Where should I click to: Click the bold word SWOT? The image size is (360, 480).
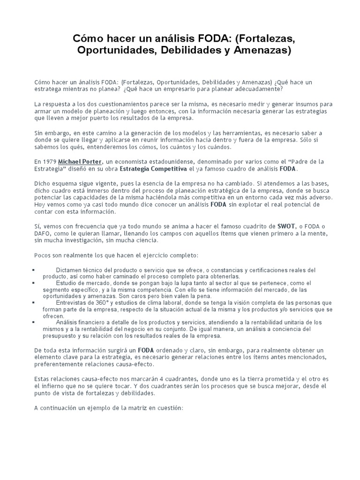[286, 226]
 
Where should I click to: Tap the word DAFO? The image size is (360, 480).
[43, 233]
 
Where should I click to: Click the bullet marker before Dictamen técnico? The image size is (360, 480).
[36, 270]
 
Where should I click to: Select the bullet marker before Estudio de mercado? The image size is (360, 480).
[36, 284]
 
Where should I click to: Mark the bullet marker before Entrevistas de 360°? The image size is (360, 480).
[36, 303]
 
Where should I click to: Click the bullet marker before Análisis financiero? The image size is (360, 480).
[36, 323]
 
